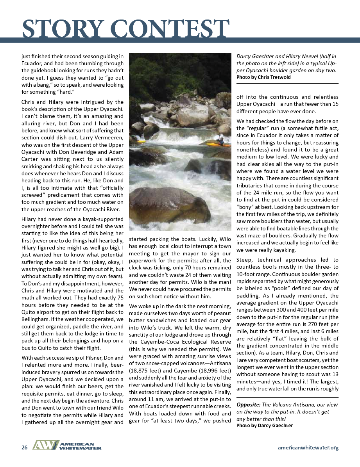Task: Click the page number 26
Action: pyautogui.click(x=24, y=447)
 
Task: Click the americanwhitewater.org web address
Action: pyautogui.click(x=308, y=447)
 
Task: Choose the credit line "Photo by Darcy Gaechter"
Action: pyautogui.click(x=264, y=425)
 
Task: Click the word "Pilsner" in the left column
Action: pyautogui.click(x=92, y=357)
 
